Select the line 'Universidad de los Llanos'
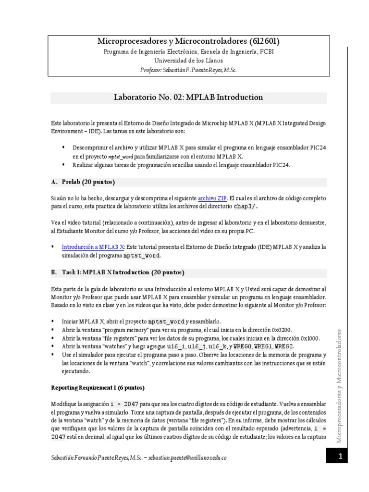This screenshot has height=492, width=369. point(188,61)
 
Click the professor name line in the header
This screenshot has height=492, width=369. point(188,70)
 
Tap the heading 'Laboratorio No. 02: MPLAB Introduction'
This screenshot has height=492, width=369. point(188,98)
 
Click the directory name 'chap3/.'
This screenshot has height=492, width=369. point(246,207)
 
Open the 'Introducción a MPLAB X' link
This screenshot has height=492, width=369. point(93,247)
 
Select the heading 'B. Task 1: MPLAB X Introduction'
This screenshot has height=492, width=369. point(118,272)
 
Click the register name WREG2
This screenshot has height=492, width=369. point(284,346)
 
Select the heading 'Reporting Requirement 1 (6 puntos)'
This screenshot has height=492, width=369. point(98,387)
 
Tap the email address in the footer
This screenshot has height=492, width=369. point(187,458)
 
